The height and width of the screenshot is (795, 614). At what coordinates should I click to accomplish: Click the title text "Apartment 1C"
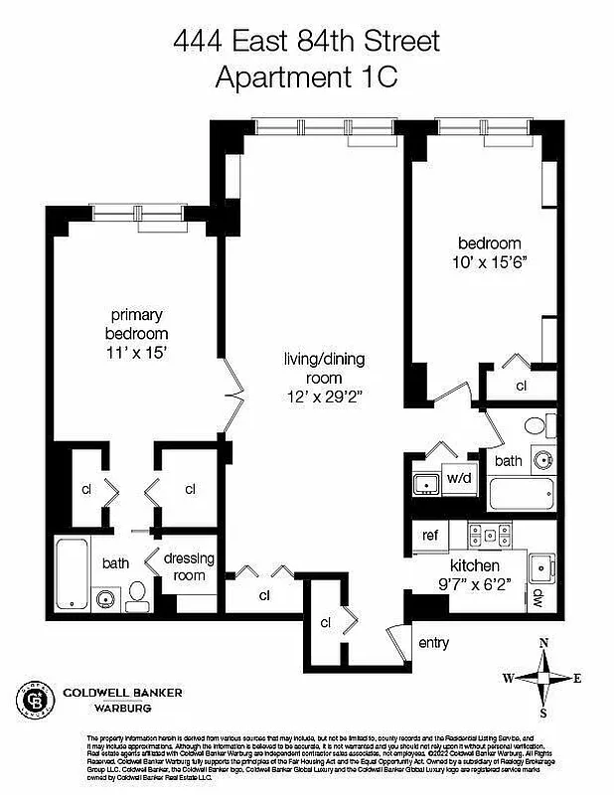point(306,77)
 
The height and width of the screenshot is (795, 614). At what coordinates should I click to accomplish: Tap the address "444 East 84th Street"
point(306,42)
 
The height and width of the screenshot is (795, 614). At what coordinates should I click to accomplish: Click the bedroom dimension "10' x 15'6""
point(489,262)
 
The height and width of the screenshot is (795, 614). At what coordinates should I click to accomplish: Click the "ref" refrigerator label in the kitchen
point(430,535)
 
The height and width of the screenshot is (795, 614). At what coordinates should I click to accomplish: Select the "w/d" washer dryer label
point(458,479)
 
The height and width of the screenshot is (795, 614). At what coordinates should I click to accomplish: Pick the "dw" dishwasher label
point(537,598)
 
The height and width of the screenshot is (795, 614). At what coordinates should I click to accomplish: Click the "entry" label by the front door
point(433,643)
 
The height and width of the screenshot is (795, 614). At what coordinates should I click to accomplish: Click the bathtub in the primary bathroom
point(73,574)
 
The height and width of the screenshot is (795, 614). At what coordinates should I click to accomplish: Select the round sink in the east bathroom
point(542,460)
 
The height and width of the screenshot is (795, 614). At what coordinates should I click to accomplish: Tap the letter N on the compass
point(543,644)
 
